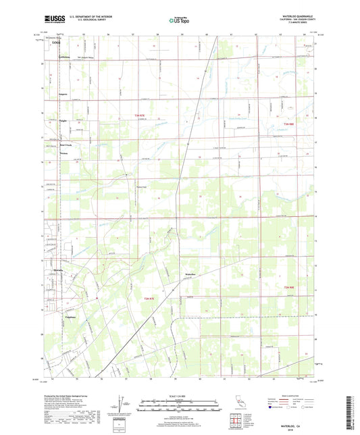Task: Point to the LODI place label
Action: click(55, 43)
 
